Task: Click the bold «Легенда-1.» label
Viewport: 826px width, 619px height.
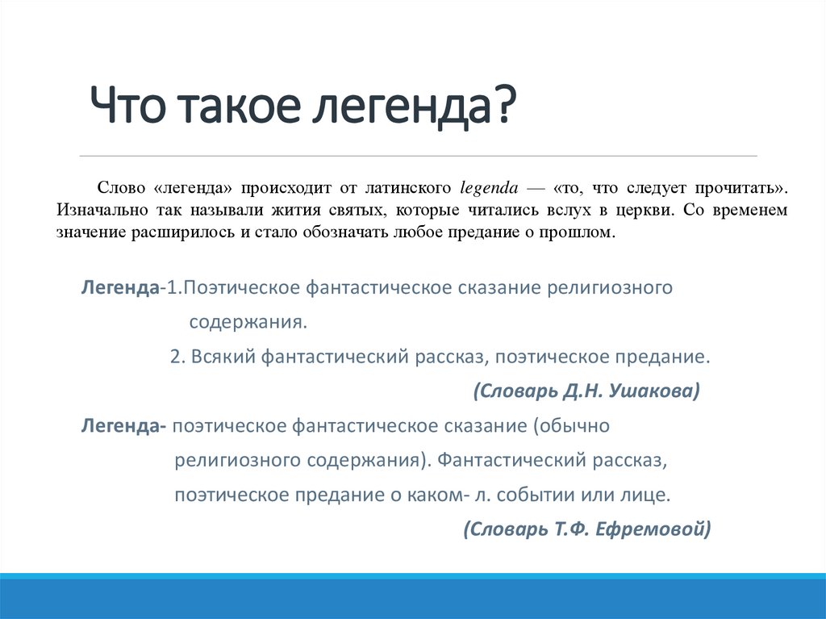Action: (133, 288)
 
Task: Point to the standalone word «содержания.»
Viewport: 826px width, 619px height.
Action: (248, 322)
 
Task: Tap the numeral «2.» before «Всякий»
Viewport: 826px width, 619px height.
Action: (178, 357)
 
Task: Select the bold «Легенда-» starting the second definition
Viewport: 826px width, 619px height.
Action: (123, 425)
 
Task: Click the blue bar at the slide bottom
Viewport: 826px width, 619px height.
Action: (413, 596)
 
